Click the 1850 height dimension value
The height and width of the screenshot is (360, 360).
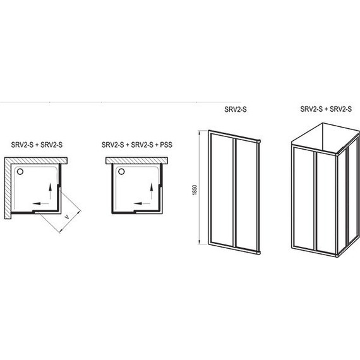pyautogui.click(x=195, y=189)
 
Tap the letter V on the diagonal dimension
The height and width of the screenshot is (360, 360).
pyautogui.click(x=67, y=217)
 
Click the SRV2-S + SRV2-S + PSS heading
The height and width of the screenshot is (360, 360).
pyautogui.click(x=137, y=145)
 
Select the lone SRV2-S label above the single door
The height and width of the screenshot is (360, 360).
pyautogui.click(x=236, y=109)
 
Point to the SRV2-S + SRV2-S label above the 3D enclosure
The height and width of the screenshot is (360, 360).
pyautogui.click(x=326, y=109)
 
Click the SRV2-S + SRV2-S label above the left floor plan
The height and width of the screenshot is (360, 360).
pyautogui.click(x=37, y=145)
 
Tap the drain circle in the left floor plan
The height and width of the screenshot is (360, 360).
pyautogui.click(x=20, y=172)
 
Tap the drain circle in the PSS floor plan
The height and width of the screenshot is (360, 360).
pyautogui.click(x=121, y=172)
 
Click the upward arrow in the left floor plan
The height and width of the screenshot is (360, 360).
pyautogui.click(x=51, y=191)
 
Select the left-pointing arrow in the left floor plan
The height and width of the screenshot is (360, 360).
pyautogui.click(x=40, y=203)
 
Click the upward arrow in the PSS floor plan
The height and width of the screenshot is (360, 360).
pyautogui.click(x=152, y=191)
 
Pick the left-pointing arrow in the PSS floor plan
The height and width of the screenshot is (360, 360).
pyautogui.click(x=142, y=203)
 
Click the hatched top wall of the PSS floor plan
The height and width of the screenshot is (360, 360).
pyautogui.click(x=136, y=160)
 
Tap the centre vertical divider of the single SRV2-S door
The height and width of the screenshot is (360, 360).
pyautogui.click(x=234, y=193)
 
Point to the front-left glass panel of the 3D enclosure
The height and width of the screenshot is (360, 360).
pyautogui.click(x=304, y=198)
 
